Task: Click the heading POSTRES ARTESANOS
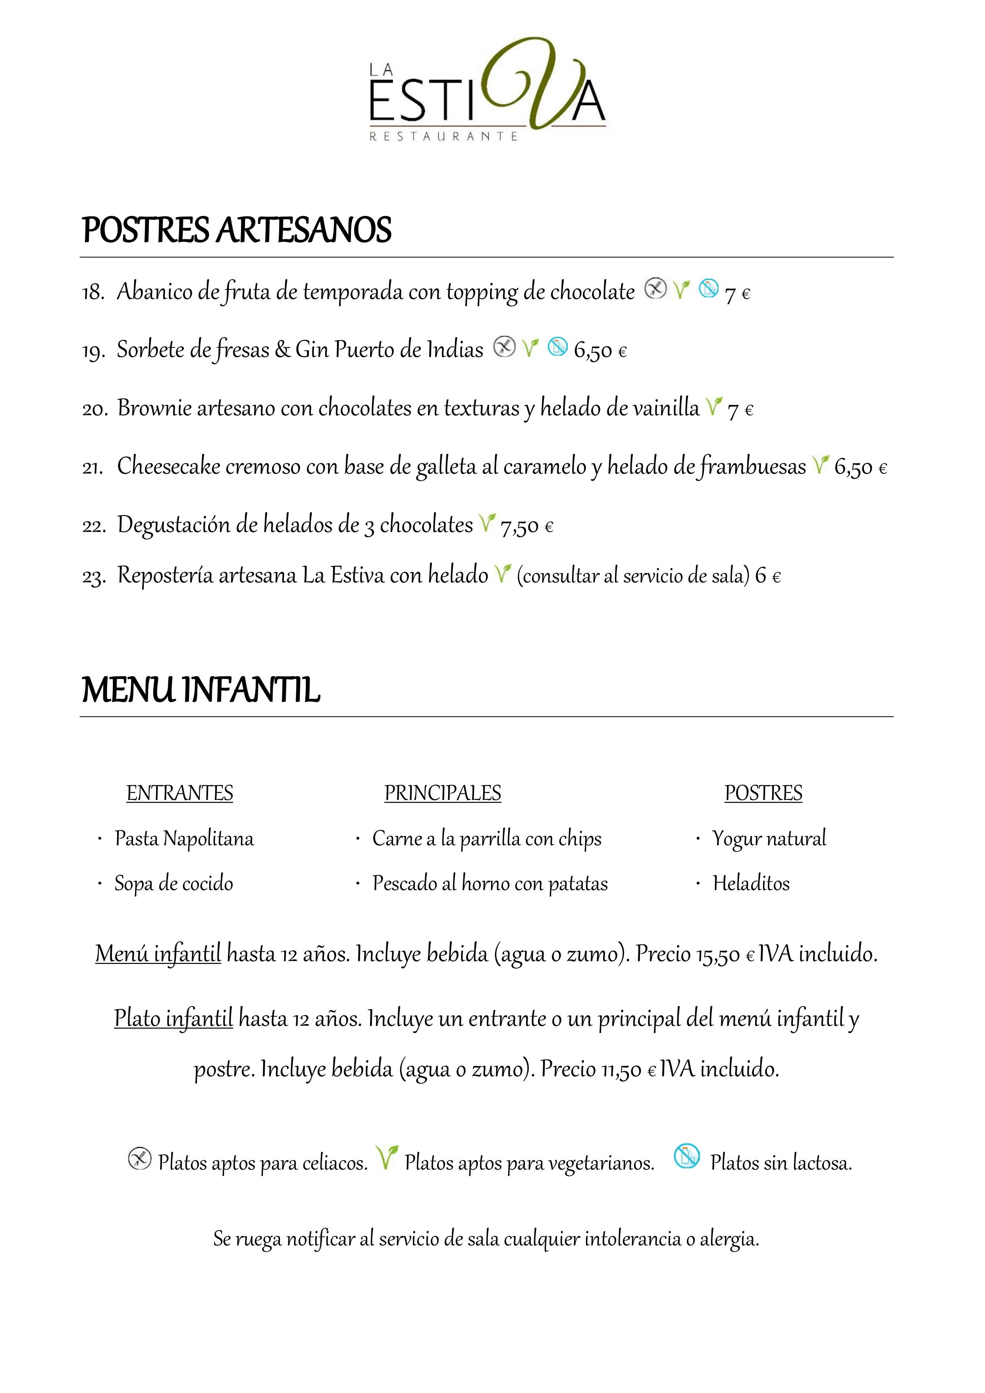[x=236, y=231]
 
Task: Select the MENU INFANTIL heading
[x=201, y=690]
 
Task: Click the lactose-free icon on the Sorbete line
[x=557, y=347]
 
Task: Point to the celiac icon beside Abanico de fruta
[x=655, y=288]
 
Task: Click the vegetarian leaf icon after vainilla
[x=714, y=407]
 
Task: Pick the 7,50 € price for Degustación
[x=526, y=526]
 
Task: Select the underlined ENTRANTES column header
[x=179, y=793]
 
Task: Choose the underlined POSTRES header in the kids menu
[x=763, y=793]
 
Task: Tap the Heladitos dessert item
[x=751, y=883]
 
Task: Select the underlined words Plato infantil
[x=173, y=1018]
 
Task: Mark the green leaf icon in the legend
[x=386, y=1158]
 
